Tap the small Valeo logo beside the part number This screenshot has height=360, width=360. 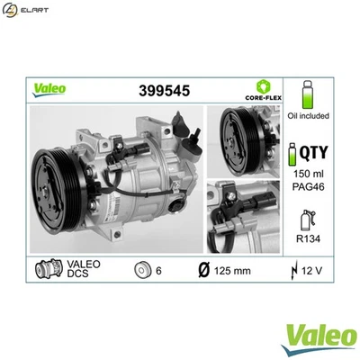pos(49,89)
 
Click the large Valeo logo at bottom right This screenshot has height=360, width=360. pos(313,337)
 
